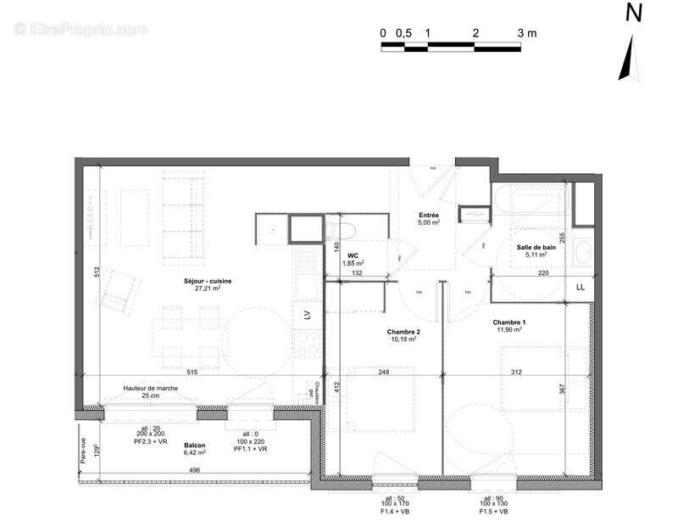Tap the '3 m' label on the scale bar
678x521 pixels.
[x=527, y=33]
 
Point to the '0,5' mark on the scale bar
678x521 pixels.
[x=404, y=33]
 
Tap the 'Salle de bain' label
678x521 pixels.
[x=537, y=246]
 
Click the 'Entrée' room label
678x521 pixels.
[x=429, y=215]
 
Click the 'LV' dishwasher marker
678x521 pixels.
[x=307, y=316]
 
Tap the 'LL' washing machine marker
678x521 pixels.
[x=581, y=289]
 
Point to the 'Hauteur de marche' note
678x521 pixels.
[x=150, y=388]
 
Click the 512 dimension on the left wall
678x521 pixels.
[x=98, y=272]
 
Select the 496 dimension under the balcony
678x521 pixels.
[x=195, y=470]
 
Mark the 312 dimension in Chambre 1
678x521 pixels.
[x=517, y=372]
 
